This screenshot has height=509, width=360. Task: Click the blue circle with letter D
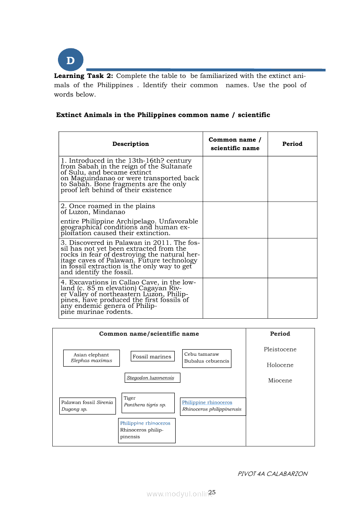(70, 61)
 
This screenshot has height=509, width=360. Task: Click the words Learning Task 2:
(83, 76)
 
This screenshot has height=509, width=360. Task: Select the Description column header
(130, 144)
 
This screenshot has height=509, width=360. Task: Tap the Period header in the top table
(292, 144)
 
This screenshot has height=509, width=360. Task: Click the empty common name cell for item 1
(235, 179)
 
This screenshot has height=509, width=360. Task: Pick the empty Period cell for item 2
(292, 220)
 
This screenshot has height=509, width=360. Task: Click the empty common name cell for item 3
(235, 258)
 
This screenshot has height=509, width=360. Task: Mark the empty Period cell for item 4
(292, 298)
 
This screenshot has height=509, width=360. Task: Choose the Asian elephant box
(91, 358)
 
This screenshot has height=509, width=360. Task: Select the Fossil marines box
(152, 357)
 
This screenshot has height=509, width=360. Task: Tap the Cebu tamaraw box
(207, 358)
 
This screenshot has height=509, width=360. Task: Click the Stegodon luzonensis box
(152, 378)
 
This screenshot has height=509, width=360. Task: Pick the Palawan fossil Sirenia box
(87, 406)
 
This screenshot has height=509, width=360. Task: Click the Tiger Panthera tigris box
(148, 402)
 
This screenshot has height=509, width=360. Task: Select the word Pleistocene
(280, 350)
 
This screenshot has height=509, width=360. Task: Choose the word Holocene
(280, 365)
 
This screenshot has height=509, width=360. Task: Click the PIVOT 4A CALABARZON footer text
(272, 474)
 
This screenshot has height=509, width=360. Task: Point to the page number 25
(212, 492)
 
